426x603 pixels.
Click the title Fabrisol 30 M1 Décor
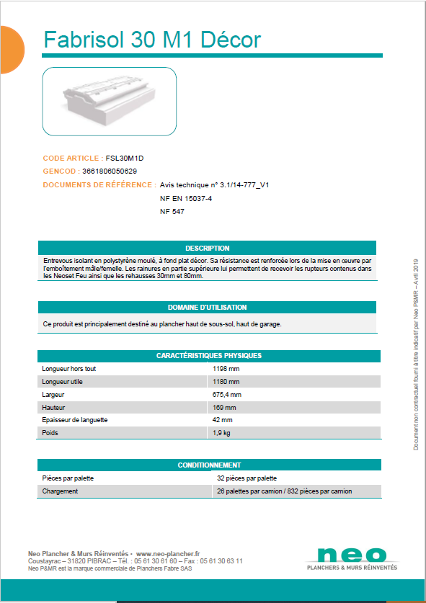coord(152,40)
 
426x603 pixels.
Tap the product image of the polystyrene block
coord(110,102)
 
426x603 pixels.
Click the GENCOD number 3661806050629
coord(105,171)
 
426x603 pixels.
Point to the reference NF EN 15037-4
coord(185,198)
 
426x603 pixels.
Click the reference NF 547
coord(172,212)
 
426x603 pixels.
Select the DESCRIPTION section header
coord(207,248)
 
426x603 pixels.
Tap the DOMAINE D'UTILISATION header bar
coord(207,307)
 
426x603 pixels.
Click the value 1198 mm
coord(226,368)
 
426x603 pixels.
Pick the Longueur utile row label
coord(64,381)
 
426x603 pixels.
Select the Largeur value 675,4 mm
coord(227,394)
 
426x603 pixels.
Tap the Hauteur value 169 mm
coord(224,407)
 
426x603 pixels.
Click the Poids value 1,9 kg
coord(222,433)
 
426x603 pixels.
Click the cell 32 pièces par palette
coord(247,478)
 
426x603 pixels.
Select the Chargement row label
coord(60,491)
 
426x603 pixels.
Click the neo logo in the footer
coord(351,556)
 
